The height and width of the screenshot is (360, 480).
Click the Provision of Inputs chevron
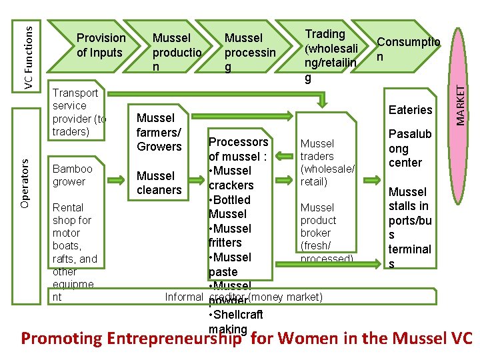pyautogui.click(x=100, y=45)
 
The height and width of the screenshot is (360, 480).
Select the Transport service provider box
pyautogui.click(x=79, y=112)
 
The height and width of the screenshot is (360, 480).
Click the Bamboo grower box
pyautogui.click(x=73, y=175)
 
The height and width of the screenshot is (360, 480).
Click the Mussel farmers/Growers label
pyautogui.click(x=159, y=132)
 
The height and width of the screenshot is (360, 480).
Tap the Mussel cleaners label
pyautogui.click(x=159, y=183)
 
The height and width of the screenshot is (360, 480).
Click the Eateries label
pyautogui.click(x=410, y=110)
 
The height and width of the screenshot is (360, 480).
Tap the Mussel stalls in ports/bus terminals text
pyautogui.click(x=410, y=227)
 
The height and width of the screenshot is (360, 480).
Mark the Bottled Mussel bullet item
pyautogui.click(x=229, y=207)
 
